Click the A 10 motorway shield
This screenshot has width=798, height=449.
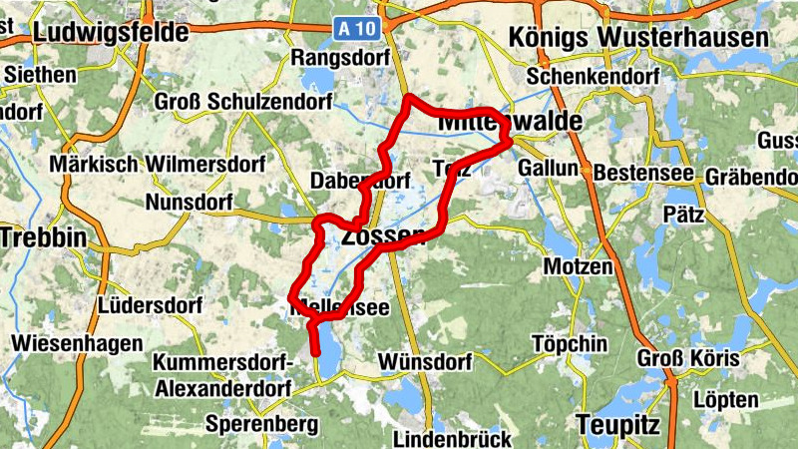coord(357,30)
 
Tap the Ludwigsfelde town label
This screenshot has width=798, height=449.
coord(110,33)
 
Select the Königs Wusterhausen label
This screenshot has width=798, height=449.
coord(638,37)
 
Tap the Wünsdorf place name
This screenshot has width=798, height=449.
coord(425,360)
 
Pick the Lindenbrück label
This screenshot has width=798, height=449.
coord(452,438)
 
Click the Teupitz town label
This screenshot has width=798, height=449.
coord(618,425)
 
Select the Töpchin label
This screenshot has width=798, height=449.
coord(570,344)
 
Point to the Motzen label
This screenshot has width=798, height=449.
coord(578,267)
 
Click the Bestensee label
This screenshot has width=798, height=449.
coord(643,173)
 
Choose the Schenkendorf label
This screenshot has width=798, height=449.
coord(596,77)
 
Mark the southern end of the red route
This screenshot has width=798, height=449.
coord(315,352)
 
